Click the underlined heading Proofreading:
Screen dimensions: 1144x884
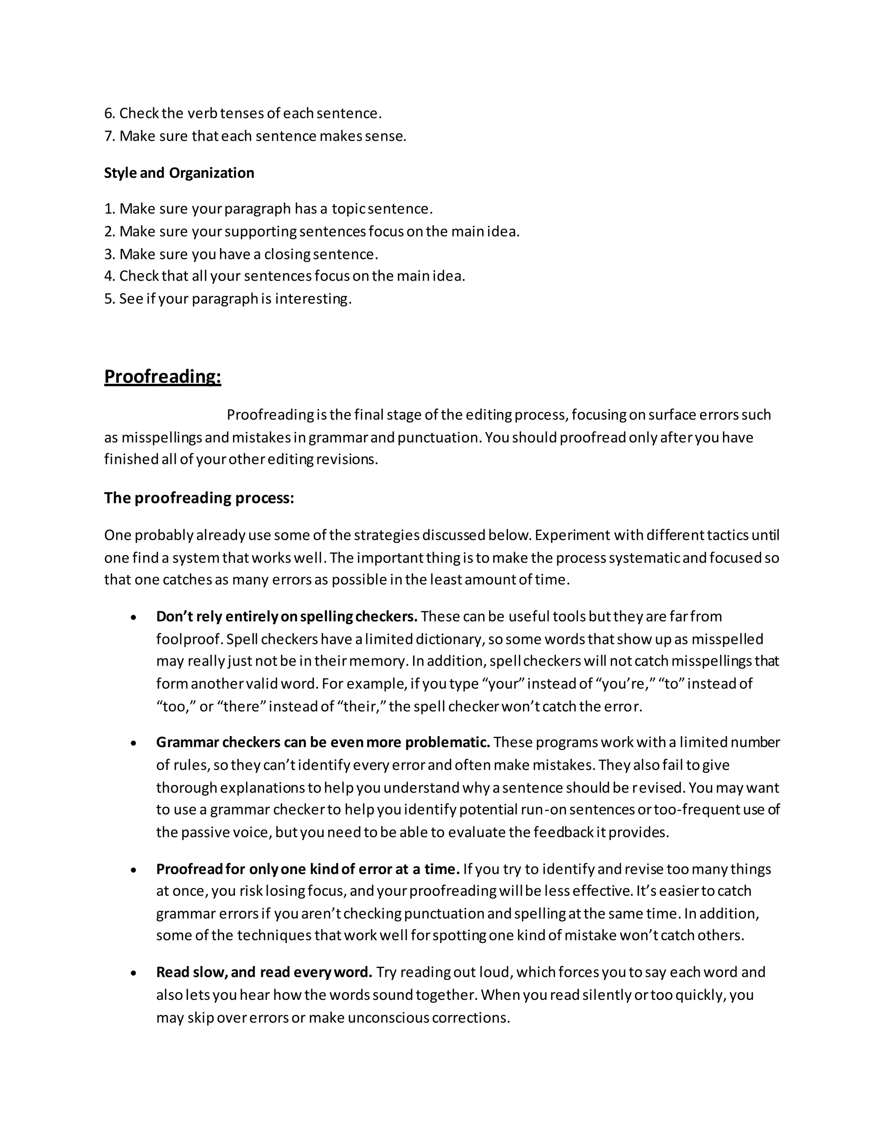(162, 376)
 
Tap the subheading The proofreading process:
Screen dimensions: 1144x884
(199, 498)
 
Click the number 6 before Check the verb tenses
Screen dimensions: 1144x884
(108, 113)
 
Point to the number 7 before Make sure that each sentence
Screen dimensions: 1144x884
(108, 136)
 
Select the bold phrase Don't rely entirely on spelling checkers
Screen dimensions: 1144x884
(287, 616)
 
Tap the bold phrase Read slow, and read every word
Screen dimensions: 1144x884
(264, 972)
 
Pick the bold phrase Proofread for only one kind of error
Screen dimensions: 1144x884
(307, 869)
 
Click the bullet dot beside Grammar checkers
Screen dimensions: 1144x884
(134, 743)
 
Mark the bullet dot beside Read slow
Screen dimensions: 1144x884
(134, 973)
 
